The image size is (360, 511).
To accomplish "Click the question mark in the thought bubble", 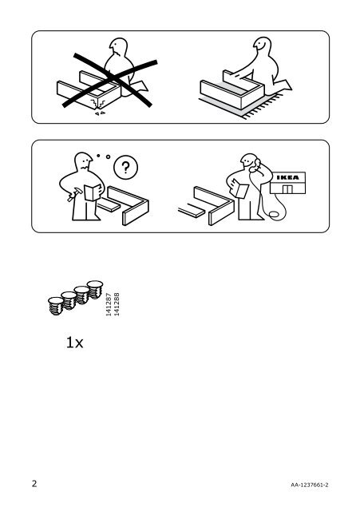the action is tap(125, 167).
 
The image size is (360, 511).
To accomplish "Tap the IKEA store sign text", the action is tap(287, 177).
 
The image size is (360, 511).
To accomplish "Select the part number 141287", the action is tap(109, 304).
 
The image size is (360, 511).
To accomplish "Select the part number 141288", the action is tap(117, 304).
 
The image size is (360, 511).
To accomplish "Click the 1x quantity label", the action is tap(74, 343).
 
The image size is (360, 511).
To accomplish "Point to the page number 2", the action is tap(34, 483).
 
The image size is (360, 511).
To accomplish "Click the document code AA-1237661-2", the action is tap(310, 485).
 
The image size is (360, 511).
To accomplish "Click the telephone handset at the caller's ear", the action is tap(255, 164).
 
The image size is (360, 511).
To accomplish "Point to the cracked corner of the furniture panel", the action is tap(98, 105).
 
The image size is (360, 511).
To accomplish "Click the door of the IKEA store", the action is tap(287, 189).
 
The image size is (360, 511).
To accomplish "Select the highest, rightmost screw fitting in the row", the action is tap(95, 289).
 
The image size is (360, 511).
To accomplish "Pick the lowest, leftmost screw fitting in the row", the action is tap(56, 306).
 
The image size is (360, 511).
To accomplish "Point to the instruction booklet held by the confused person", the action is tap(93, 192).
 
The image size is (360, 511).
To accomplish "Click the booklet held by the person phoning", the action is tap(239, 190).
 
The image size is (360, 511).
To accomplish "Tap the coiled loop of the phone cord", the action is tap(273, 214).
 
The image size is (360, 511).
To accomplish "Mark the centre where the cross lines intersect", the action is tap(113, 77).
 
